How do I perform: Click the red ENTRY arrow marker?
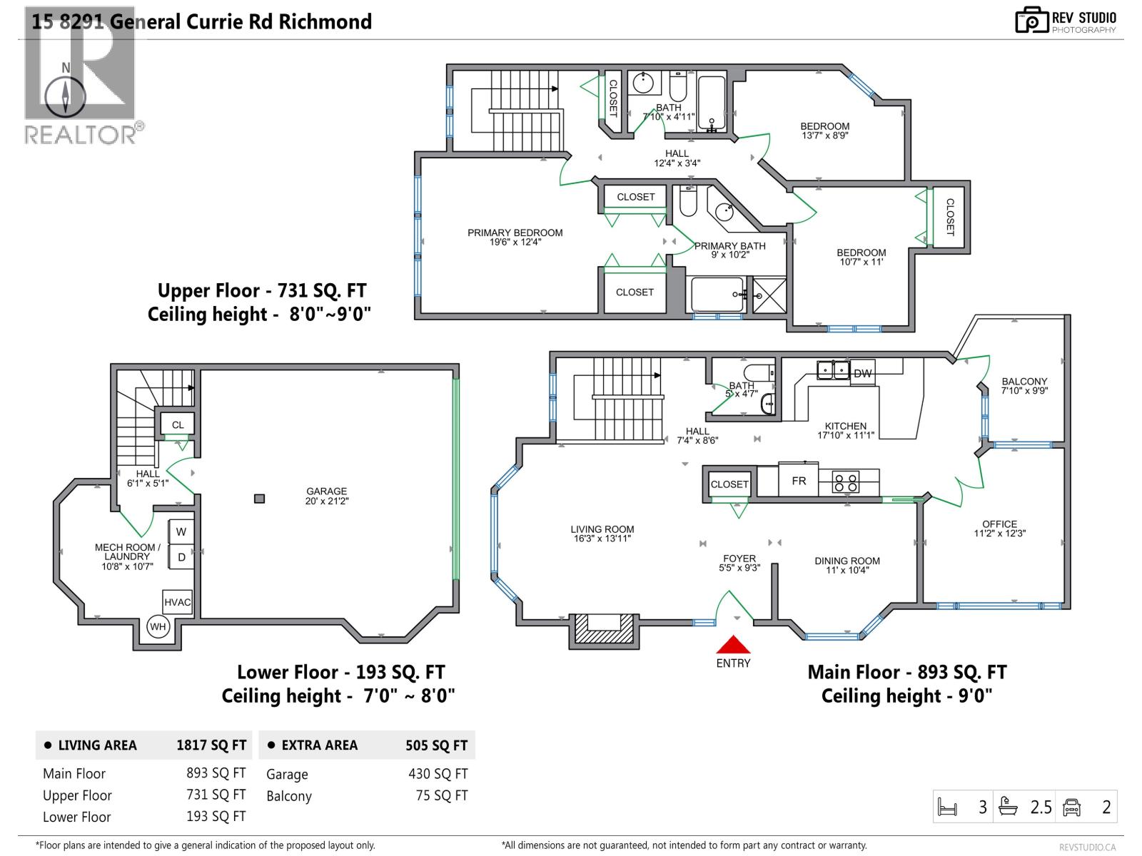[733, 646]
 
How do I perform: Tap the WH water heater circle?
[158, 628]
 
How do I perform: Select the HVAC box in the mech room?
[177, 602]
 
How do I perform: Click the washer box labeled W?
[181, 531]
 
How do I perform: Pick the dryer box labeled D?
[181, 557]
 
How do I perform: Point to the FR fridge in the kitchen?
[799, 481]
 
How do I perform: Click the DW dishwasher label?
[862, 373]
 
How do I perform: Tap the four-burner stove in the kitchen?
[847, 482]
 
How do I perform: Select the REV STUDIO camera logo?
[1031, 21]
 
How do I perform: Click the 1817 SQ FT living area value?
[211, 745]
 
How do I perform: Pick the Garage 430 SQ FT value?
[438, 774]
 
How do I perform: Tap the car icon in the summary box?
[1071, 807]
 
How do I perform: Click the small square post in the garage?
[260, 499]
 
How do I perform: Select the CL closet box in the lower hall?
[178, 424]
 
